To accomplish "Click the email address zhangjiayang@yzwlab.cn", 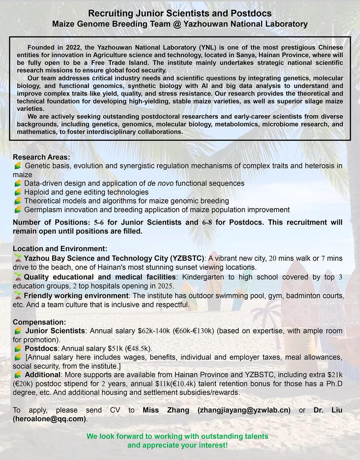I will [244, 410].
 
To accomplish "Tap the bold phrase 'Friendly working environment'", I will [75, 296].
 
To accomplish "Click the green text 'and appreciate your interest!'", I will [180, 445].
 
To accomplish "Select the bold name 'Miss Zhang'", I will [166, 410].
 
